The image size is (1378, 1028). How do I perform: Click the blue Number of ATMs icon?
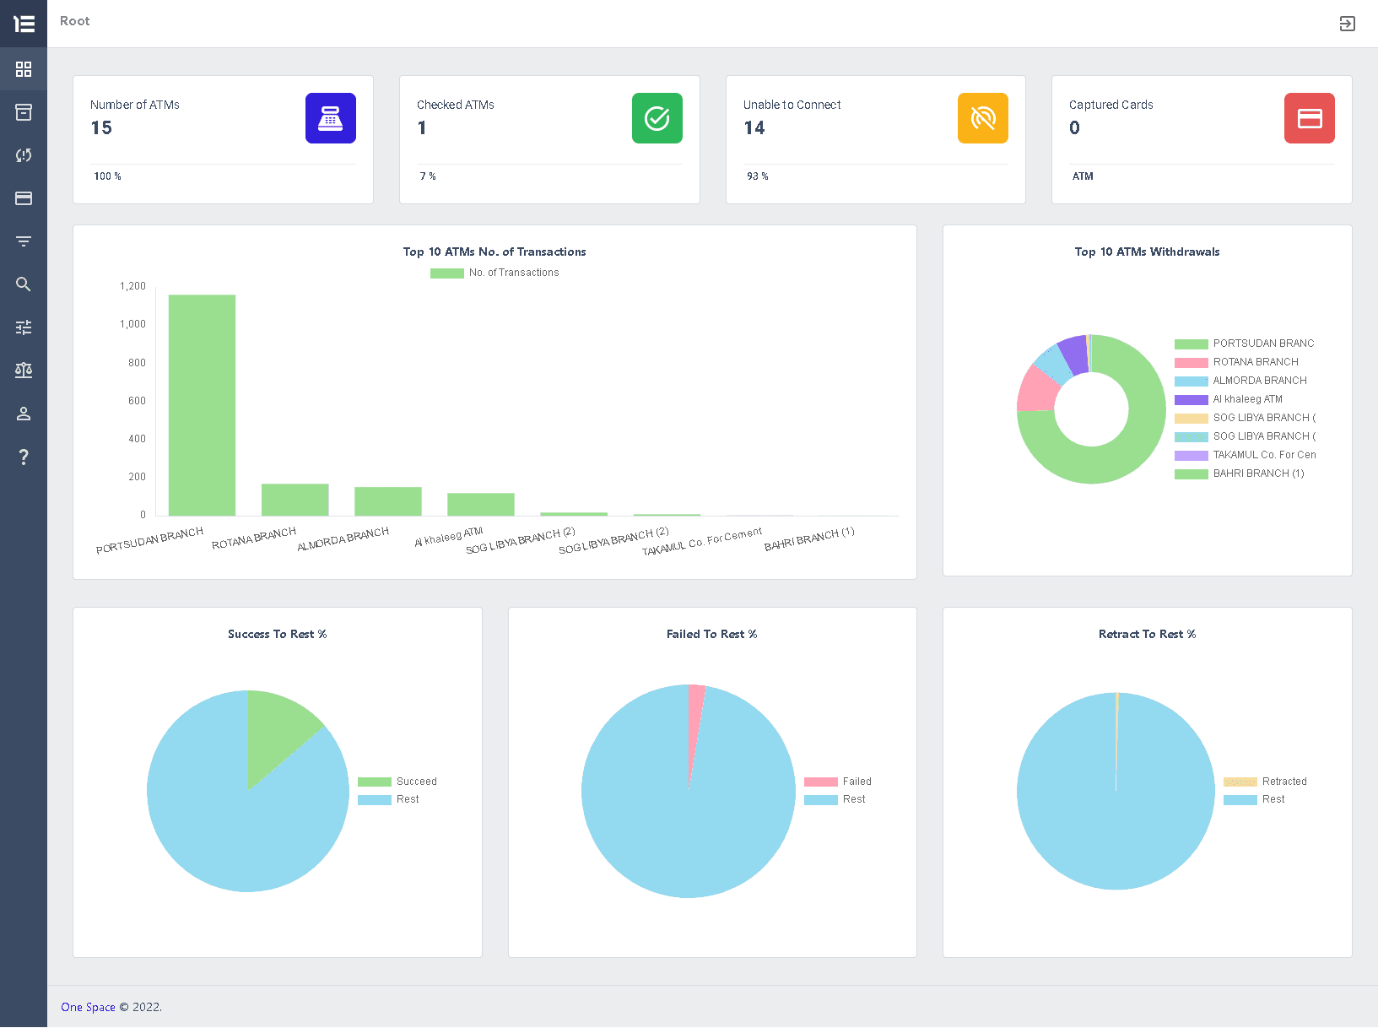[x=330, y=118]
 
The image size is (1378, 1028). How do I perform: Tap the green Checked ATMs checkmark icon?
[x=657, y=118]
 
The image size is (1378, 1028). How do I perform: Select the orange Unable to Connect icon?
[x=982, y=118]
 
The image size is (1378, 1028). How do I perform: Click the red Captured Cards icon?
[x=1309, y=118]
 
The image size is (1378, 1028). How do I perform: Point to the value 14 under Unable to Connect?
[x=754, y=128]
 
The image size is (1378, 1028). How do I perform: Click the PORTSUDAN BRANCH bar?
[x=202, y=405]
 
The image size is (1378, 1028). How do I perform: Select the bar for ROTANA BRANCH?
[x=295, y=500]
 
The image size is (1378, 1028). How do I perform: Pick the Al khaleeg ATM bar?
[x=480, y=504]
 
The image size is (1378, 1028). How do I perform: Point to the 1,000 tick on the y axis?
[x=132, y=324]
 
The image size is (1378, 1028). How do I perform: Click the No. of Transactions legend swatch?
[x=446, y=273]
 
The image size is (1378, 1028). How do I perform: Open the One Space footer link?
[x=88, y=1007]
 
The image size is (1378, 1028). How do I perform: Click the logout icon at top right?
[x=1347, y=24]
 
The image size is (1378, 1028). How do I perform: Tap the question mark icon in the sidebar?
[x=24, y=457]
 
